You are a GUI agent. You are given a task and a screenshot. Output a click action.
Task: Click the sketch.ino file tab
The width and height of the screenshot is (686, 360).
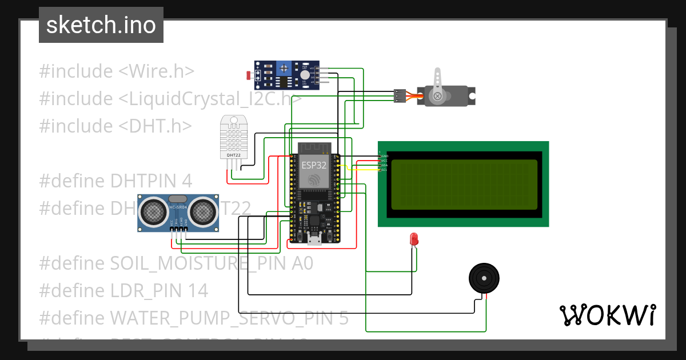point(101,25)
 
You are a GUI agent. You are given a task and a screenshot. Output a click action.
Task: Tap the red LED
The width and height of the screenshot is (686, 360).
point(413,239)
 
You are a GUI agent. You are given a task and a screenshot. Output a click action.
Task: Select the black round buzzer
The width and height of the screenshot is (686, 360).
point(484,278)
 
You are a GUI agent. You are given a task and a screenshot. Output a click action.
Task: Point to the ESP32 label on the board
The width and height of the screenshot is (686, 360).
point(314,164)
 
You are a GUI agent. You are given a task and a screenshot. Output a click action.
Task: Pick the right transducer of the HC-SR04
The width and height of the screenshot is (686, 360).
point(203,212)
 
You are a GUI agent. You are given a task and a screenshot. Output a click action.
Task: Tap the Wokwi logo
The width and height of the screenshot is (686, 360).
point(607,315)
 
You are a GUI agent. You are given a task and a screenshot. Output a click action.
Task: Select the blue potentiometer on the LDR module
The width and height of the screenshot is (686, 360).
point(283,70)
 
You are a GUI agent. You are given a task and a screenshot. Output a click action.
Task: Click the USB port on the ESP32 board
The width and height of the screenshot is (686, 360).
point(314,239)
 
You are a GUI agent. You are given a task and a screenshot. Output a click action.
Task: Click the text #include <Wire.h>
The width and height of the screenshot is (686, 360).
point(117,71)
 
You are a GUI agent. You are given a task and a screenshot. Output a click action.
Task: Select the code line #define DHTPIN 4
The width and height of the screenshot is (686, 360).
point(115,181)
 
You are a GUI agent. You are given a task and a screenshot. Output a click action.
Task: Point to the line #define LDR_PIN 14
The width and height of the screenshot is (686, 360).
point(123,290)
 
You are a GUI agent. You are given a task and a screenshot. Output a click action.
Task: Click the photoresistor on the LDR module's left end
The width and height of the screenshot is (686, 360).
point(248,75)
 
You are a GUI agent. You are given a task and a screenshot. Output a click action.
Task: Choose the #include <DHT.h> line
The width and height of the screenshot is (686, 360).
point(115,126)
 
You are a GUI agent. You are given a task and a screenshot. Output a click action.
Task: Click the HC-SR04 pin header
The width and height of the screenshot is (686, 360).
point(178,229)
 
